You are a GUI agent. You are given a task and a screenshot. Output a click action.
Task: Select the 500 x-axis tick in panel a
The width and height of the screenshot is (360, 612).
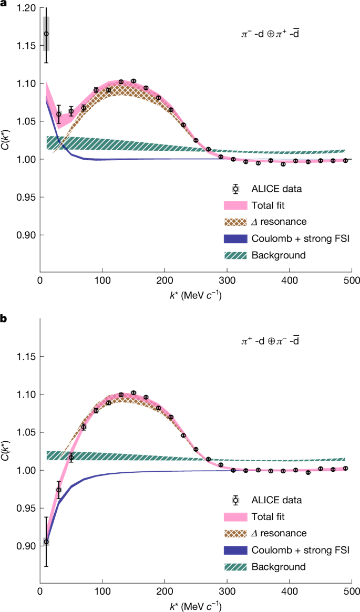tap(352, 279)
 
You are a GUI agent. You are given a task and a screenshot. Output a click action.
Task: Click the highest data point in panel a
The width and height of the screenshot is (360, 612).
tap(46, 34)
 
